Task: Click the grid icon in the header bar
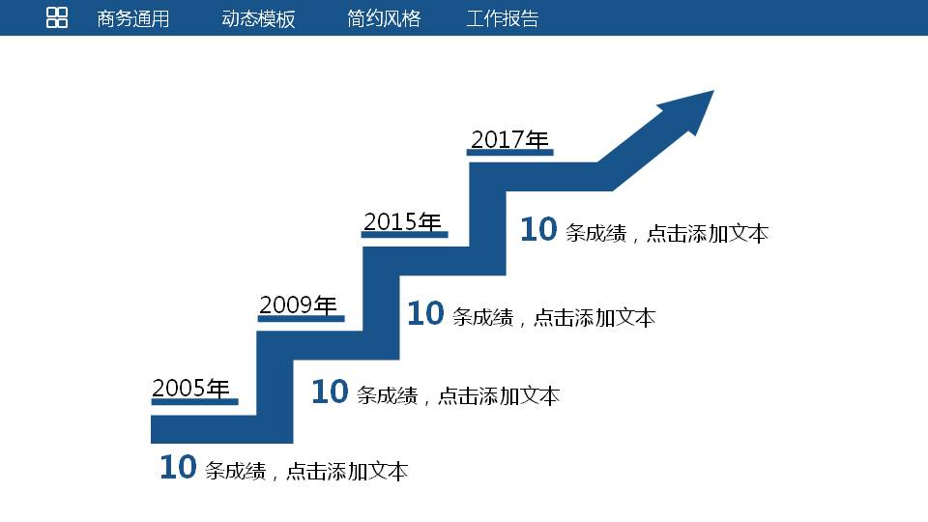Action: pos(57,17)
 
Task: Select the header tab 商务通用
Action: pos(133,18)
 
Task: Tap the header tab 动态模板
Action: pos(258,18)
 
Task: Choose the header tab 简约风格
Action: pos(384,18)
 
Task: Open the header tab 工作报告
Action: pos(503,18)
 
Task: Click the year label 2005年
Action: pos(191,388)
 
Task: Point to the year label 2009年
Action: pos(298,304)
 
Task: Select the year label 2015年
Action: pos(402,221)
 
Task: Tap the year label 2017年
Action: pos(509,139)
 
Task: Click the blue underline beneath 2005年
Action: pos(194,401)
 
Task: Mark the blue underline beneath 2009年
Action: pos(301,318)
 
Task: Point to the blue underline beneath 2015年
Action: pos(405,234)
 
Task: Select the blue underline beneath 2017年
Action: pos(510,152)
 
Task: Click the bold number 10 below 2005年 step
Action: pos(178,468)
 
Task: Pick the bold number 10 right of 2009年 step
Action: pos(329,392)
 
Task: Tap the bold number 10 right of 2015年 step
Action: pos(425,314)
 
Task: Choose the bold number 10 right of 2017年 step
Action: pos(538,230)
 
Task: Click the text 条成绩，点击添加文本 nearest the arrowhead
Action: pos(667,233)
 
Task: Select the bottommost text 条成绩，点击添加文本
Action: pos(306,471)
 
